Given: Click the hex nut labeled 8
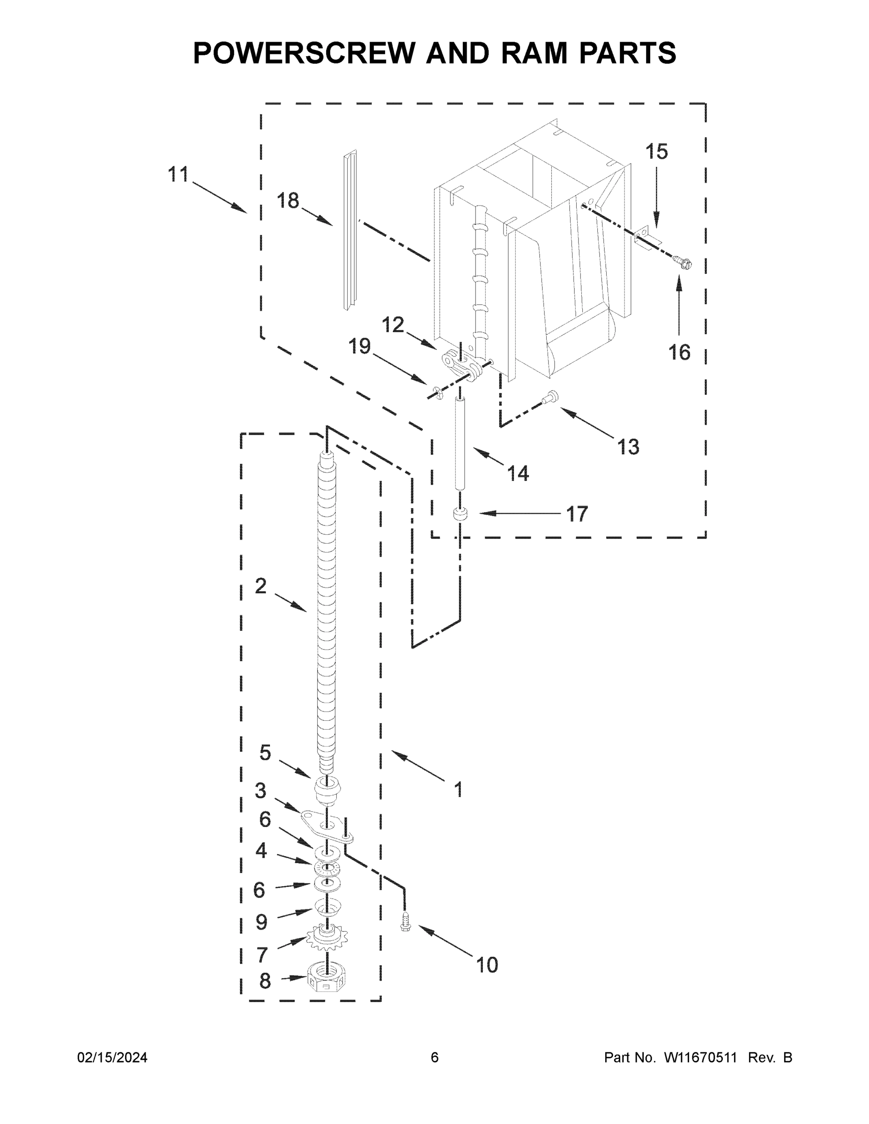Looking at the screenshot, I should [326, 976].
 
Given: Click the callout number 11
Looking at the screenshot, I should [178, 175].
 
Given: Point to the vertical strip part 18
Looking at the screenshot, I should [350, 230].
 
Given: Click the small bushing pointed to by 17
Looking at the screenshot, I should [460, 514].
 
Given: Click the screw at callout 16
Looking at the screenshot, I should [684, 264].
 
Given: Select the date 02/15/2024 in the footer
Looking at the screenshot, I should [112, 1057].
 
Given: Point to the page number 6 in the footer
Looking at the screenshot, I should [435, 1057].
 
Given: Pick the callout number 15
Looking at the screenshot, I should [656, 152].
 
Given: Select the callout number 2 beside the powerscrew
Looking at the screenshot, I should [261, 586].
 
